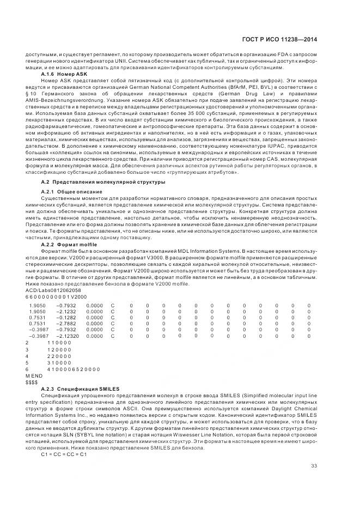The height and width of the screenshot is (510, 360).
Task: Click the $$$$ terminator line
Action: point(31,382)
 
